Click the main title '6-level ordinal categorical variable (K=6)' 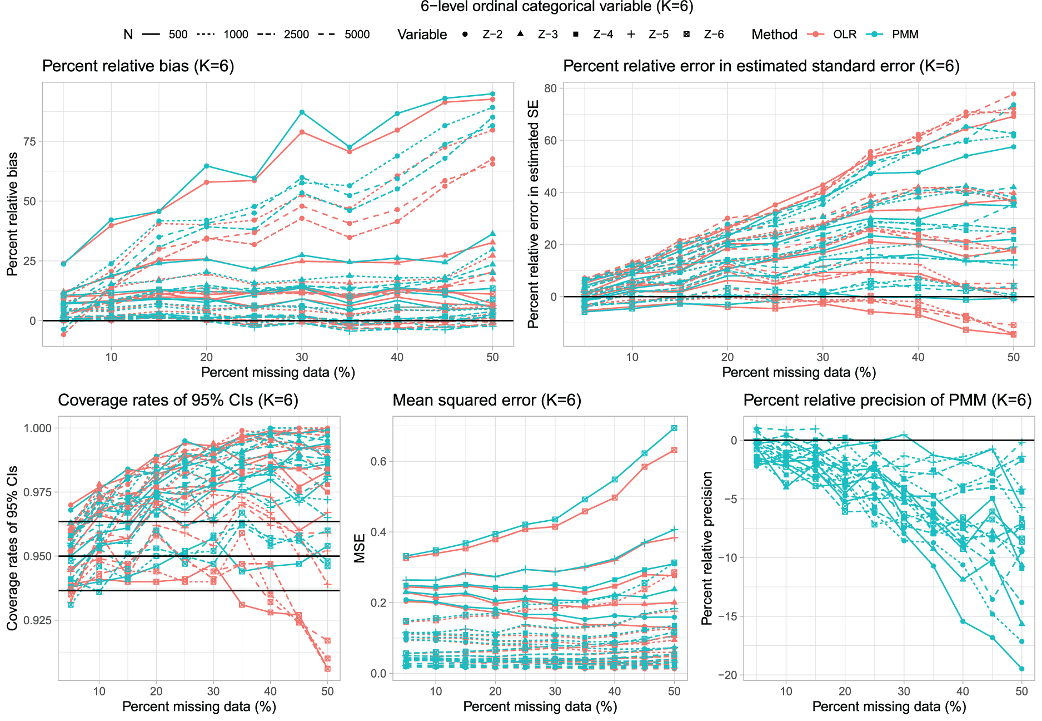pyautogui.click(x=557, y=7)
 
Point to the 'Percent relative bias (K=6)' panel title pyautogui.click(x=138, y=66)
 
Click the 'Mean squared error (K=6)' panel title pyautogui.click(x=487, y=400)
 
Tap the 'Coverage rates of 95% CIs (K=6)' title pyautogui.click(x=178, y=400)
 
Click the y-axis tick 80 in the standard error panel pyautogui.click(x=551, y=88)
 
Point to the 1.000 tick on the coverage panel pyautogui.click(x=38, y=428)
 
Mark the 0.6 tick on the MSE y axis pyautogui.click(x=378, y=461)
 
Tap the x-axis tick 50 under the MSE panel pyautogui.click(x=674, y=691)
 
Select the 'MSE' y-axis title pyautogui.click(x=360, y=548)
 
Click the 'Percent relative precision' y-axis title pyautogui.click(x=707, y=548)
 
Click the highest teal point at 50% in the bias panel pyautogui.click(x=492, y=94)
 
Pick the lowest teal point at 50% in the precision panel pyautogui.click(x=1021, y=669)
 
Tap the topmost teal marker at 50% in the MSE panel pyautogui.click(x=674, y=428)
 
